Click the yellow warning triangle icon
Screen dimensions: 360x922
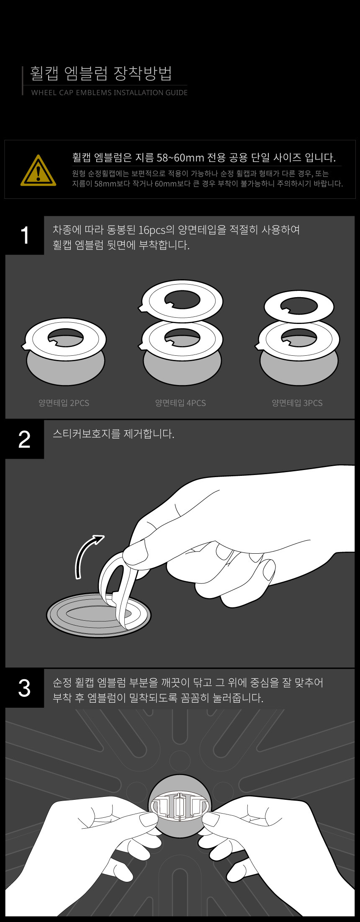[38, 170]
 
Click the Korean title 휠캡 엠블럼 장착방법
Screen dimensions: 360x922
[101, 73]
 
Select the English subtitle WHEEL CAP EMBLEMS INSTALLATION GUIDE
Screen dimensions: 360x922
[109, 92]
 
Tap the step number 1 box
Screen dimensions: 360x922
[25, 235]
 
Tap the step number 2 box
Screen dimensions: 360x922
[25, 439]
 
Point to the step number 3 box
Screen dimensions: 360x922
[25, 688]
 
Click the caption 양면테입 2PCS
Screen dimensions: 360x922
[64, 403]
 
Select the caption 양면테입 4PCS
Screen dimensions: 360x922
[180, 403]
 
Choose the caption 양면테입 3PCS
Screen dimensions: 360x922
[297, 403]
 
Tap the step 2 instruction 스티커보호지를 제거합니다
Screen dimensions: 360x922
[113, 434]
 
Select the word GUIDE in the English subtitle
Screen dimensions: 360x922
[177, 92]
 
